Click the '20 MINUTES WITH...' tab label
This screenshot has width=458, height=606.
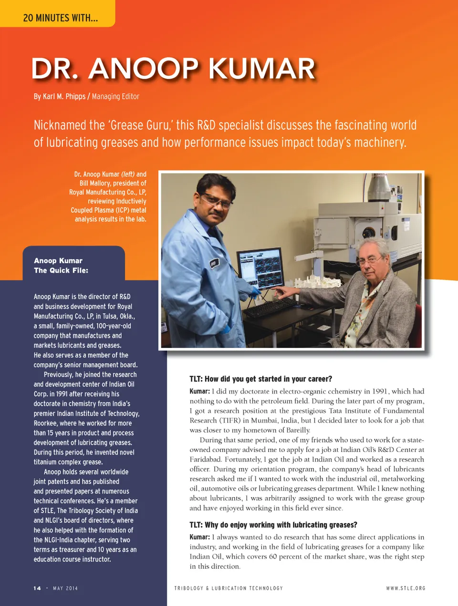pyautogui.click(x=60, y=18)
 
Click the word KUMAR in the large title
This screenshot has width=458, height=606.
pyautogui.click(x=262, y=69)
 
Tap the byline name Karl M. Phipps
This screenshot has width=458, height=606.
pyautogui.click(x=64, y=97)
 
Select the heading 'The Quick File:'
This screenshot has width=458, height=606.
pyautogui.click(x=61, y=270)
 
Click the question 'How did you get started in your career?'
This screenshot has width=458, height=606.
pyautogui.click(x=268, y=379)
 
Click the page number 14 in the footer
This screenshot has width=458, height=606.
pyautogui.click(x=37, y=588)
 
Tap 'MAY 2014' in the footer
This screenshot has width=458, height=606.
pyautogui.click(x=65, y=588)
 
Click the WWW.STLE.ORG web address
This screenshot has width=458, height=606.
pyautogui.click(x=406, y=588)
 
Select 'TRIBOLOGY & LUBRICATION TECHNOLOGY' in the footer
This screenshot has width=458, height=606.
pyautogui.click(x=228, y=588)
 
